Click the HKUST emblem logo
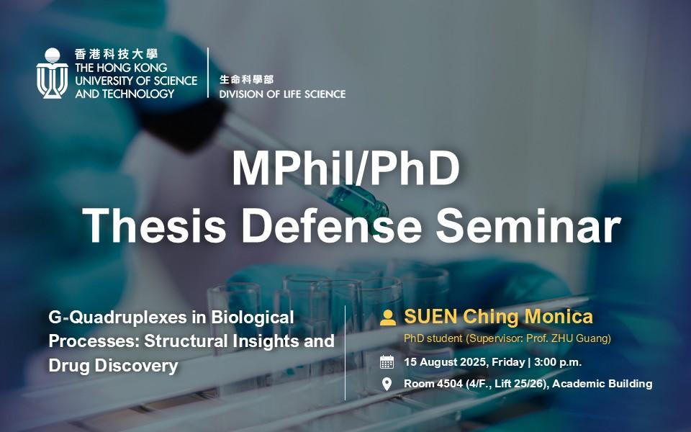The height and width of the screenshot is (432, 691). point(52,73)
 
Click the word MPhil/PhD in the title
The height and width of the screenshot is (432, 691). point(346,168)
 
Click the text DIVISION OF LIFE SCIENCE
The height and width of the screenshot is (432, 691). point(282,94)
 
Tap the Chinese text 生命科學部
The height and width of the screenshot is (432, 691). point(246,79)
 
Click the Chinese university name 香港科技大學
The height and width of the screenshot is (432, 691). point(117,54)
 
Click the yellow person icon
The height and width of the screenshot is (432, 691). point(388,318)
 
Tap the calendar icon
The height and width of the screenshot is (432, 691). point(387,362)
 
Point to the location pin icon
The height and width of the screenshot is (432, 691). point(387,384)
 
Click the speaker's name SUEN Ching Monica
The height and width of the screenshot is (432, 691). point(498,317)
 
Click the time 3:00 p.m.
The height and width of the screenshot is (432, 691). point(558,362)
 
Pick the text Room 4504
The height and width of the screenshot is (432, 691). point(433,384)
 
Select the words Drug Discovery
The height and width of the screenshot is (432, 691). point(113,366)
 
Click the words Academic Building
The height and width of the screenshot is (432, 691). point(602,384)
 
